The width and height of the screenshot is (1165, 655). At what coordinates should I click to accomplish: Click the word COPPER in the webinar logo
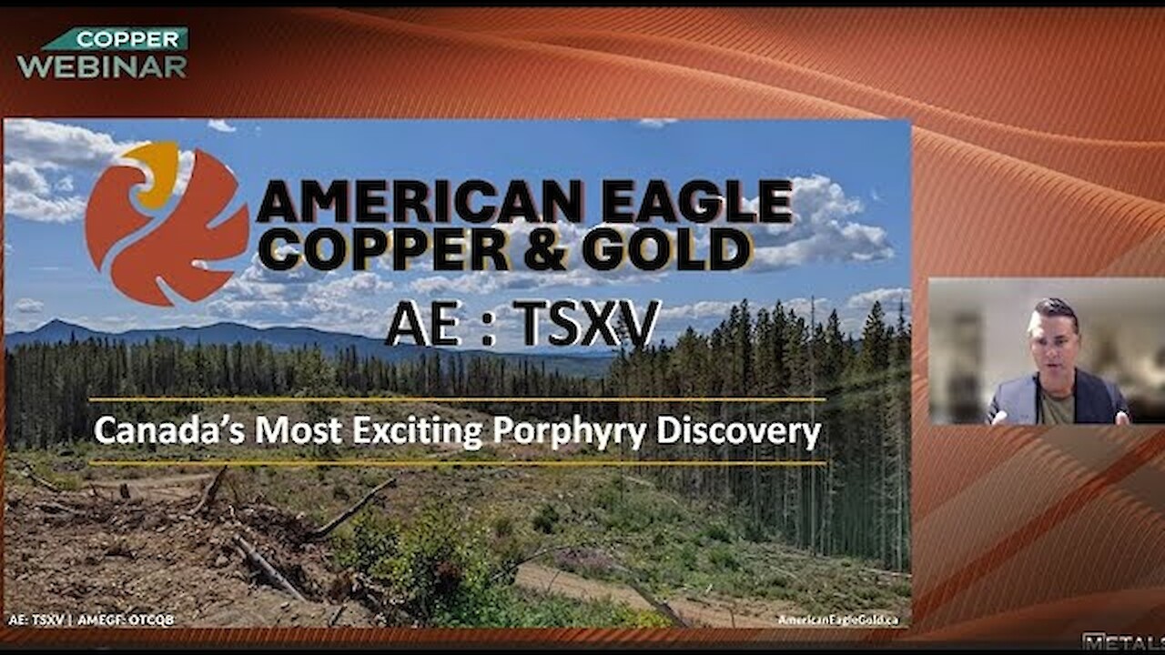click(127, 39)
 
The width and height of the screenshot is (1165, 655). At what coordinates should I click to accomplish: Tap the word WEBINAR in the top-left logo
click(102, 66)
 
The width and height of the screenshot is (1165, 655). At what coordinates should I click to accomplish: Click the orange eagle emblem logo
click(166, 224)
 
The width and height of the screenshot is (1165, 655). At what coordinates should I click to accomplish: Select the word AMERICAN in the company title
click(419, 201)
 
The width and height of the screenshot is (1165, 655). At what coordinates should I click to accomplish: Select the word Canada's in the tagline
click(168, 431)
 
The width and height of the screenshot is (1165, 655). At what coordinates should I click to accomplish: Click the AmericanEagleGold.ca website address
click(838, 620)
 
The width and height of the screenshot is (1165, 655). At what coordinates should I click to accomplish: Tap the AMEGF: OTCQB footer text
click(126, 620)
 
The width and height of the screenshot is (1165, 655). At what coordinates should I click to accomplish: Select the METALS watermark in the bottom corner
click(1124, 642)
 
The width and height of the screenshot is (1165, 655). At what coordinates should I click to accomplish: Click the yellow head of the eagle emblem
click(154, 172)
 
